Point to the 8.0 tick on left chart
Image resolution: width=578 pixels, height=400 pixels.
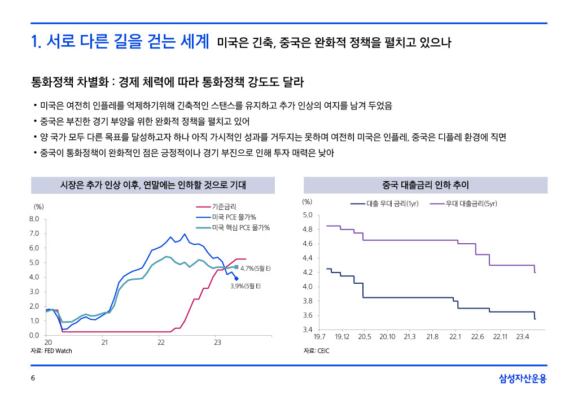click(x=34, y=219)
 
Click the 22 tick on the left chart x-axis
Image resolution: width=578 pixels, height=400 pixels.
click(x=161, y=342)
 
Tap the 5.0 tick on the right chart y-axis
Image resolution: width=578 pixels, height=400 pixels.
click(x=308, y=215)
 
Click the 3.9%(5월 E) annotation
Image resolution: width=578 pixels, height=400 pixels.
click(x=245, y=286)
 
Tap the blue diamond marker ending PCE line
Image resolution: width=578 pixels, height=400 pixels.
click(x=236, y=278)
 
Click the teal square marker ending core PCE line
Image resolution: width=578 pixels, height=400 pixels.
click(x=237, y=267)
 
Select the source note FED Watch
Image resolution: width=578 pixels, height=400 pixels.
click(x=51, y=351)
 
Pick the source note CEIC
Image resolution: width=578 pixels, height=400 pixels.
click(x=316, y=351)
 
